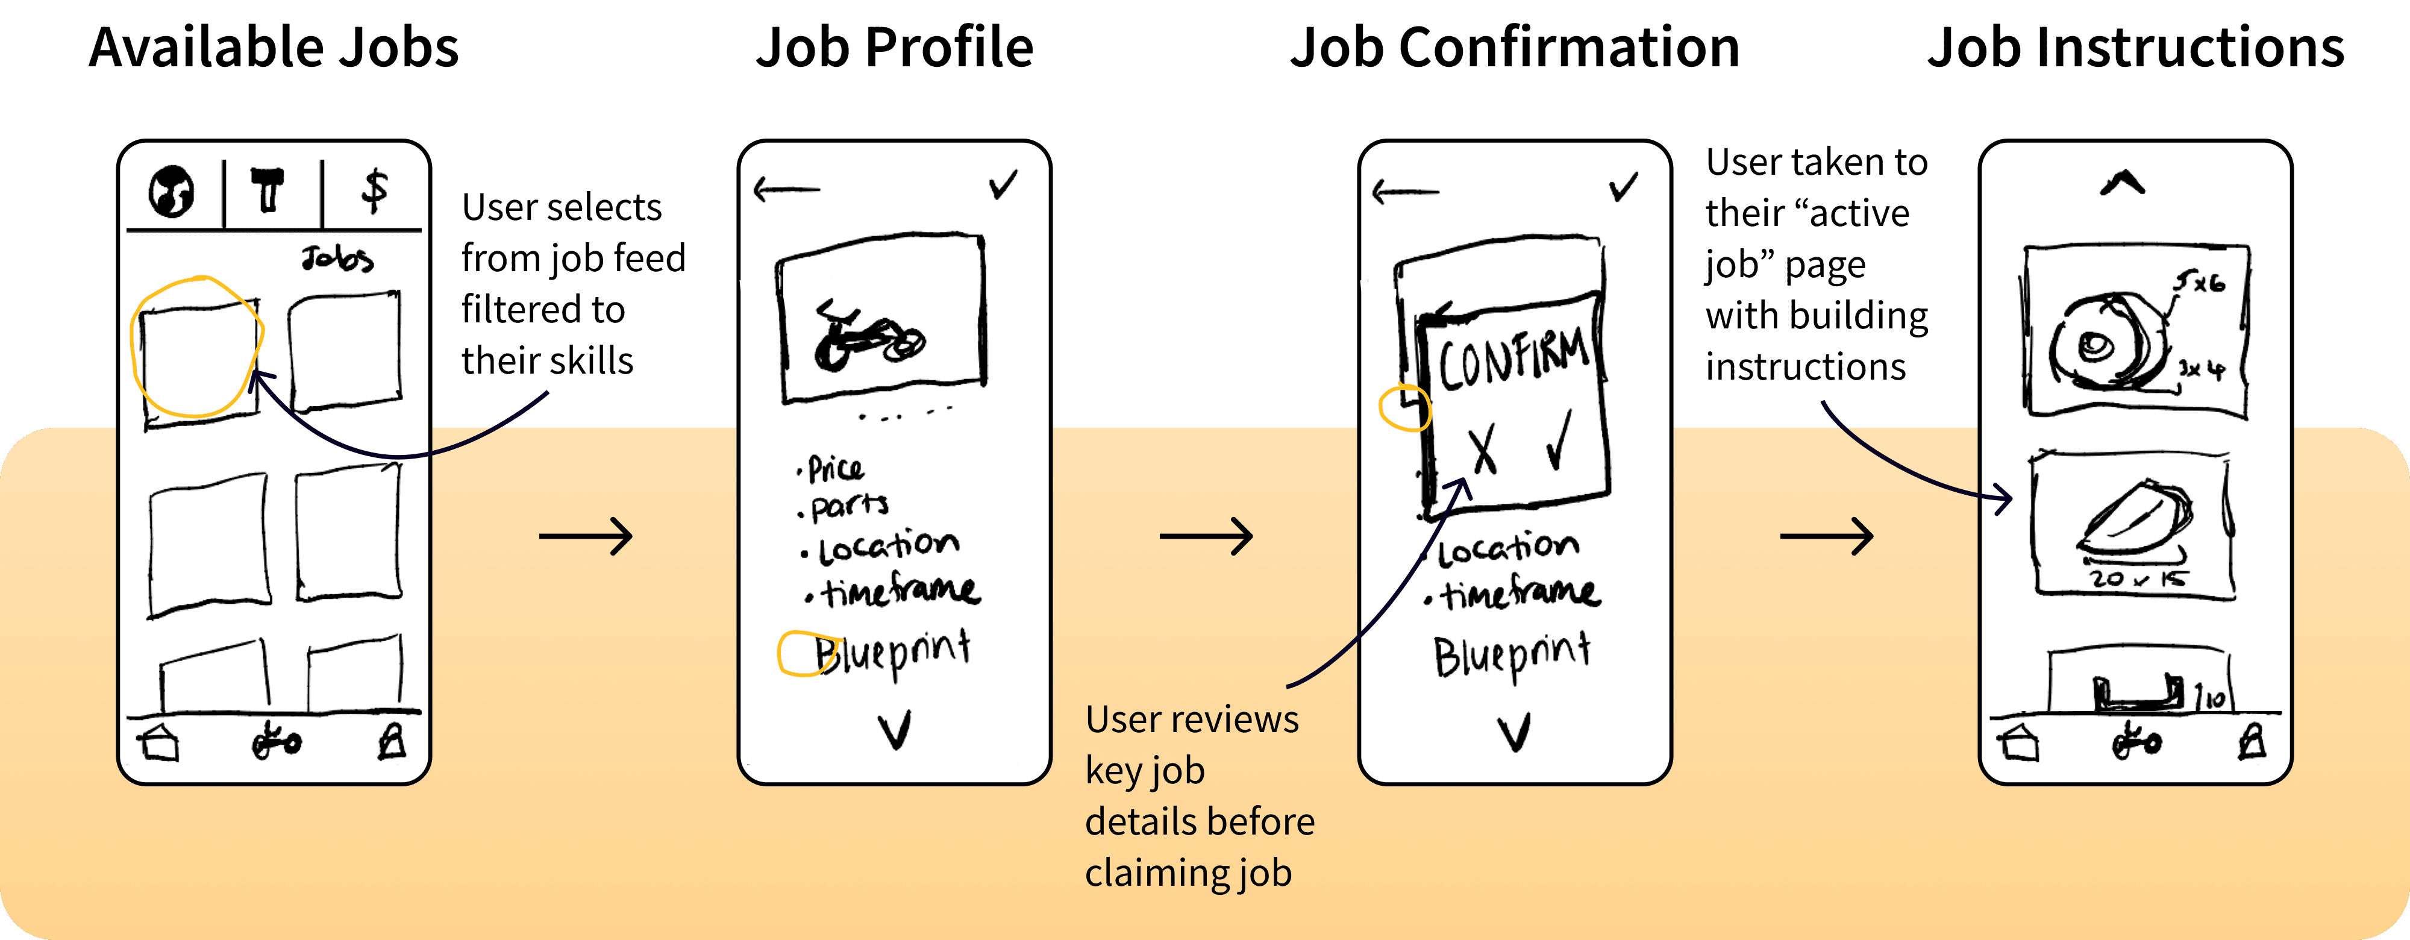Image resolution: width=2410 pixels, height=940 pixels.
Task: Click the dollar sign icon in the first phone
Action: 374,191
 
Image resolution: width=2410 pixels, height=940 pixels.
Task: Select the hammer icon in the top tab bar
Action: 269,190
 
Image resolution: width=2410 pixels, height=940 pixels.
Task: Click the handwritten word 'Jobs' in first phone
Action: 337,258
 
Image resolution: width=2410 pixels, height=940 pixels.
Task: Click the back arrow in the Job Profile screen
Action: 786,190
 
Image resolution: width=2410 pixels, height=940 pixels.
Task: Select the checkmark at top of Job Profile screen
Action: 1003,184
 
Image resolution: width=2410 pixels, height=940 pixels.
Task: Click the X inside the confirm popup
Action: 1483,450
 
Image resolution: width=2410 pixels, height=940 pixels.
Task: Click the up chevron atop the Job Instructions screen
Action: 2122,183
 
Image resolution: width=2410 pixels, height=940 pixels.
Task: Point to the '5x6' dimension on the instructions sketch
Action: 2200,281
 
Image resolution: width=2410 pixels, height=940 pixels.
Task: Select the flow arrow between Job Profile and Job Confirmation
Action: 1206,536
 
